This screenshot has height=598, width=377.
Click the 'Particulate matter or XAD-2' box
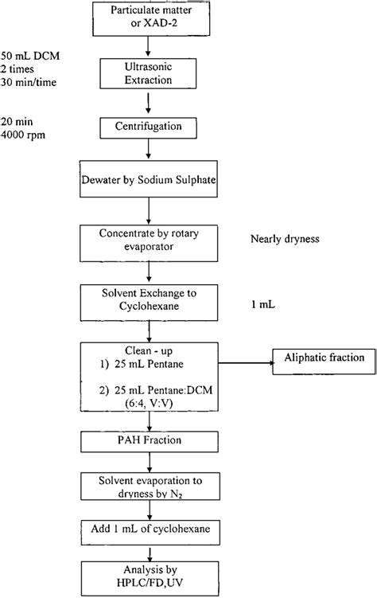[151, 18]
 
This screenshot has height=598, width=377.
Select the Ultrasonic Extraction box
[148, 73]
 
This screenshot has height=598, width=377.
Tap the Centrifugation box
[148, 127]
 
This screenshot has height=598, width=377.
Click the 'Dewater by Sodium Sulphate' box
[149, 179]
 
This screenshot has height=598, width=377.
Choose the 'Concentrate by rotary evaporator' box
[149, 244]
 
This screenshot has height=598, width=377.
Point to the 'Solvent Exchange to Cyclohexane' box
[149, 303]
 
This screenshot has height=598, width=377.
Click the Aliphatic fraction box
[324, 362]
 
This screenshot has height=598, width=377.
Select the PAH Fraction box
[150, 442]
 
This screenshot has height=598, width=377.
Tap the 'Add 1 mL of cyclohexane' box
[150, 532]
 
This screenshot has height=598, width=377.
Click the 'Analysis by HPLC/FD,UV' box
[150, 579]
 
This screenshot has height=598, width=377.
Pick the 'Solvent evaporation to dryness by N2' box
[150, 487]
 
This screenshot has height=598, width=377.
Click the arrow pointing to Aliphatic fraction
[246, 362]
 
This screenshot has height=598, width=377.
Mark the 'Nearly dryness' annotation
[285, 239]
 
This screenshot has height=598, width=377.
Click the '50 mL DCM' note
[30, 56]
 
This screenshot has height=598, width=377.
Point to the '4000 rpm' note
[23, 135]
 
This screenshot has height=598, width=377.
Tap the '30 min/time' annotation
[29, 82]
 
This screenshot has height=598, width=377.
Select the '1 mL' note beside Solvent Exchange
[262, 305]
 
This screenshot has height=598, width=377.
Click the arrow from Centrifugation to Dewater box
[149, 149]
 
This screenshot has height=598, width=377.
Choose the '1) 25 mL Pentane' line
[142, 364]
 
